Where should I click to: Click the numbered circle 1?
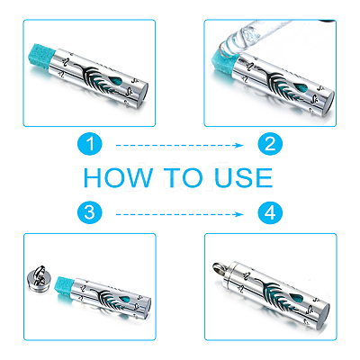click(90, 144)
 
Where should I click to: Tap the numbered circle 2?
click(270, 144)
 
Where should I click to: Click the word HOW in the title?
click(118, 177)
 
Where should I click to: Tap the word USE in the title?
click(244, 177)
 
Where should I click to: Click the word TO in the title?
click(184, 177)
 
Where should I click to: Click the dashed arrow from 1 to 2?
click(179, 146)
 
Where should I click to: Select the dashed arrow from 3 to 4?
click(179, 214)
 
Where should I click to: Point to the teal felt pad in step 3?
click(65, 287)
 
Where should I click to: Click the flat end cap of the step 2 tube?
click(329, 102)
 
